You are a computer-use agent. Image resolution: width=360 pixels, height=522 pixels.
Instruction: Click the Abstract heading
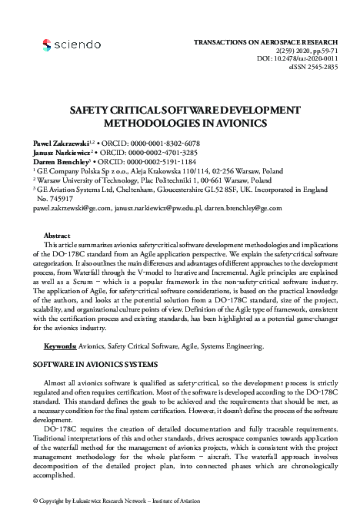click(58, 235)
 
